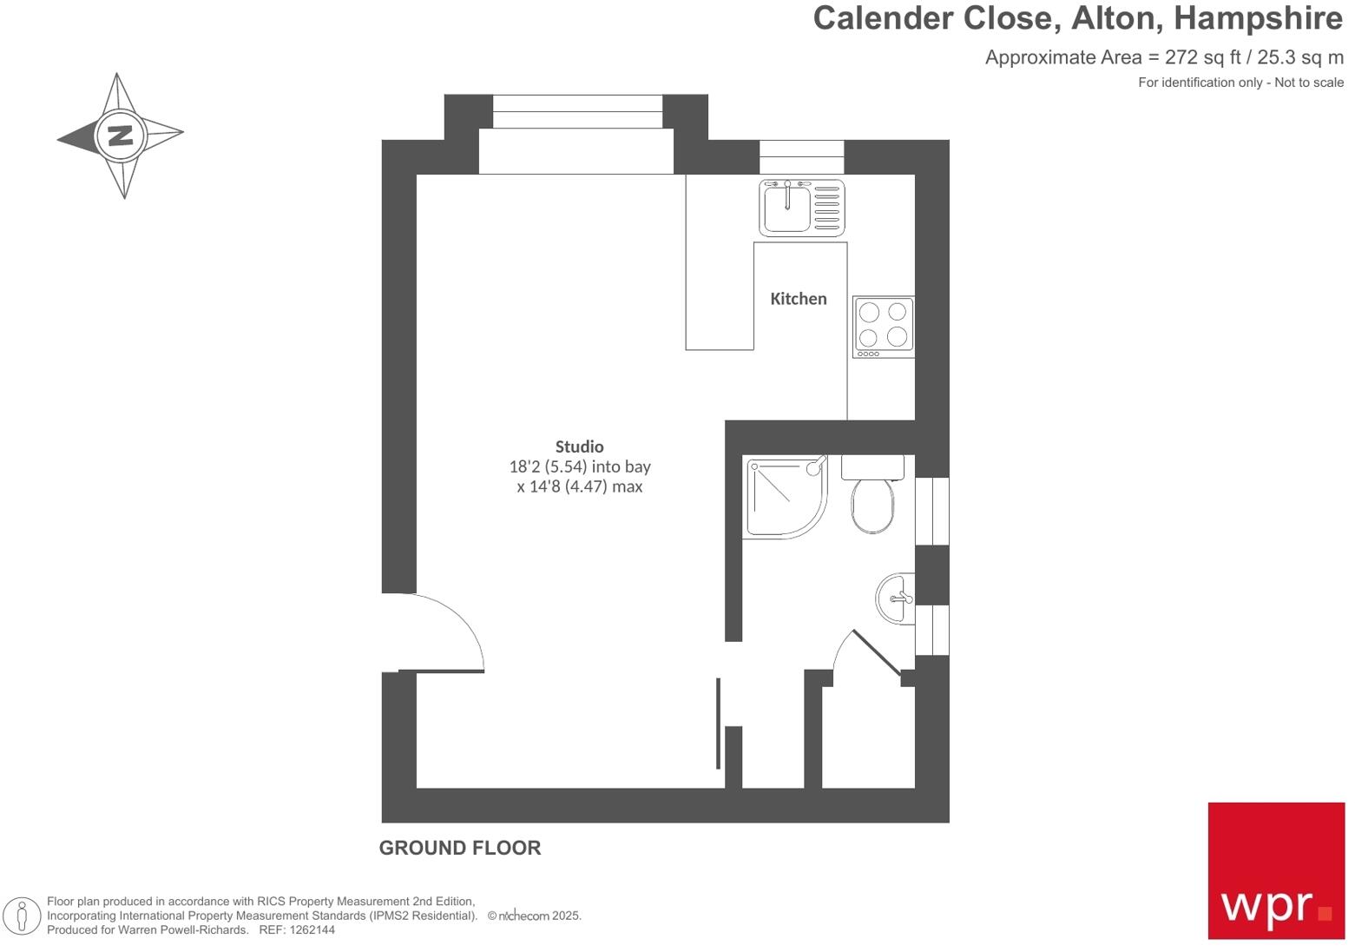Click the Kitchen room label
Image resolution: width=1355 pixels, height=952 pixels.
(798, 299)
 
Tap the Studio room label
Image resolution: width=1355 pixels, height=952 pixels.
(579, 446)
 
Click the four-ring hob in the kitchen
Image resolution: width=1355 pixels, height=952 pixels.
(883, 327)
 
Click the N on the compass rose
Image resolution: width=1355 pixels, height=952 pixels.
(120, 136)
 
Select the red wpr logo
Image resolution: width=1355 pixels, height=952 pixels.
(1275, 870)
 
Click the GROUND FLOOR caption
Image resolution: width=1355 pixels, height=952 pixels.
(459, 848)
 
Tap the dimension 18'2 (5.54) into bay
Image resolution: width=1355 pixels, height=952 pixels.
(579, 466)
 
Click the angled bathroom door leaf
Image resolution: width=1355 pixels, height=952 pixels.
(877, 653)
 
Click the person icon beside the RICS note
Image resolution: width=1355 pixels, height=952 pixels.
(22, 916)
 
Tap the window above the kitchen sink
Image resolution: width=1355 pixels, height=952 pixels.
(801, 156)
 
